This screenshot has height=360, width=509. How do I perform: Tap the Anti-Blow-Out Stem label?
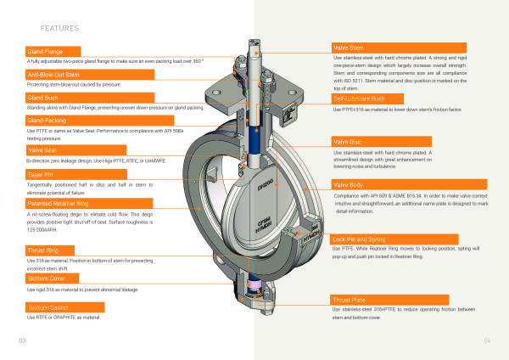(x=57, y=76)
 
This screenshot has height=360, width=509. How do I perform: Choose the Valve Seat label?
(x=43, y=150)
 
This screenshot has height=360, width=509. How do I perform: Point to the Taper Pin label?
(x=41, y=174)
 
